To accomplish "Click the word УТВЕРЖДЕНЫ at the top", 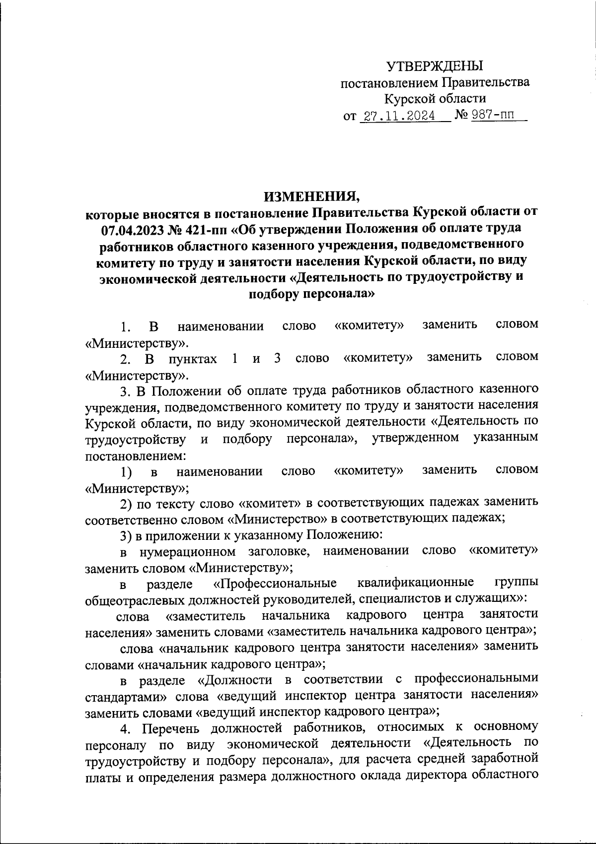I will [x=435, y=65].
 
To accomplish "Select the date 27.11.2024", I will [x=399, y=116].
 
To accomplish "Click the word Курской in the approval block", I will [x=410, y=99].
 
